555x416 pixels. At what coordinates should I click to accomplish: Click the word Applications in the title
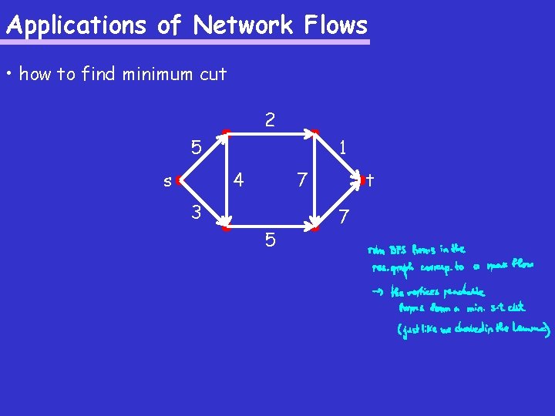pos(76,25)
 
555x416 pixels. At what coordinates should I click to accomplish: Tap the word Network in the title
pos(243,25)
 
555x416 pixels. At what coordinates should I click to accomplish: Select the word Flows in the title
pos(335,25)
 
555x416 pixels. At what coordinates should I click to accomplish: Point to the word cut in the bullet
pos(213,74)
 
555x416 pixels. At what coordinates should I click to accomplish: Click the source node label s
pos(166,183)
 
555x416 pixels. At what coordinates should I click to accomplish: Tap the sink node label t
pos(370,180)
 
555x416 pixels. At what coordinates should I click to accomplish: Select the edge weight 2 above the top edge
pos(269,120)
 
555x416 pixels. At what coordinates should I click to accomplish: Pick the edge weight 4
pos(239,180)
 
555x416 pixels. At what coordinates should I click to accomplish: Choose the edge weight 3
pos(197,212)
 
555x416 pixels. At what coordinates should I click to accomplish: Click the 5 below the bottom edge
pos(270,240)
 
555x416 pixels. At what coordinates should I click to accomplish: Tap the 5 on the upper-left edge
pos(197,146)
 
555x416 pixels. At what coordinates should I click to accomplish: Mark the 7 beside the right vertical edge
pos(303,180)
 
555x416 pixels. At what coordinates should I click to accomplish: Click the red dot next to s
pos(178,180)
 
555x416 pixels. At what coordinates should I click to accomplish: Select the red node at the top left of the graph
pos(225,133)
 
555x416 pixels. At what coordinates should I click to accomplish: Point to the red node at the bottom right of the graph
pos(314,228)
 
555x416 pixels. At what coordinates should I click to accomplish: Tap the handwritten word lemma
pos(532,330)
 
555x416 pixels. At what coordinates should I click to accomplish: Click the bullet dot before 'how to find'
pos(9,74)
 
